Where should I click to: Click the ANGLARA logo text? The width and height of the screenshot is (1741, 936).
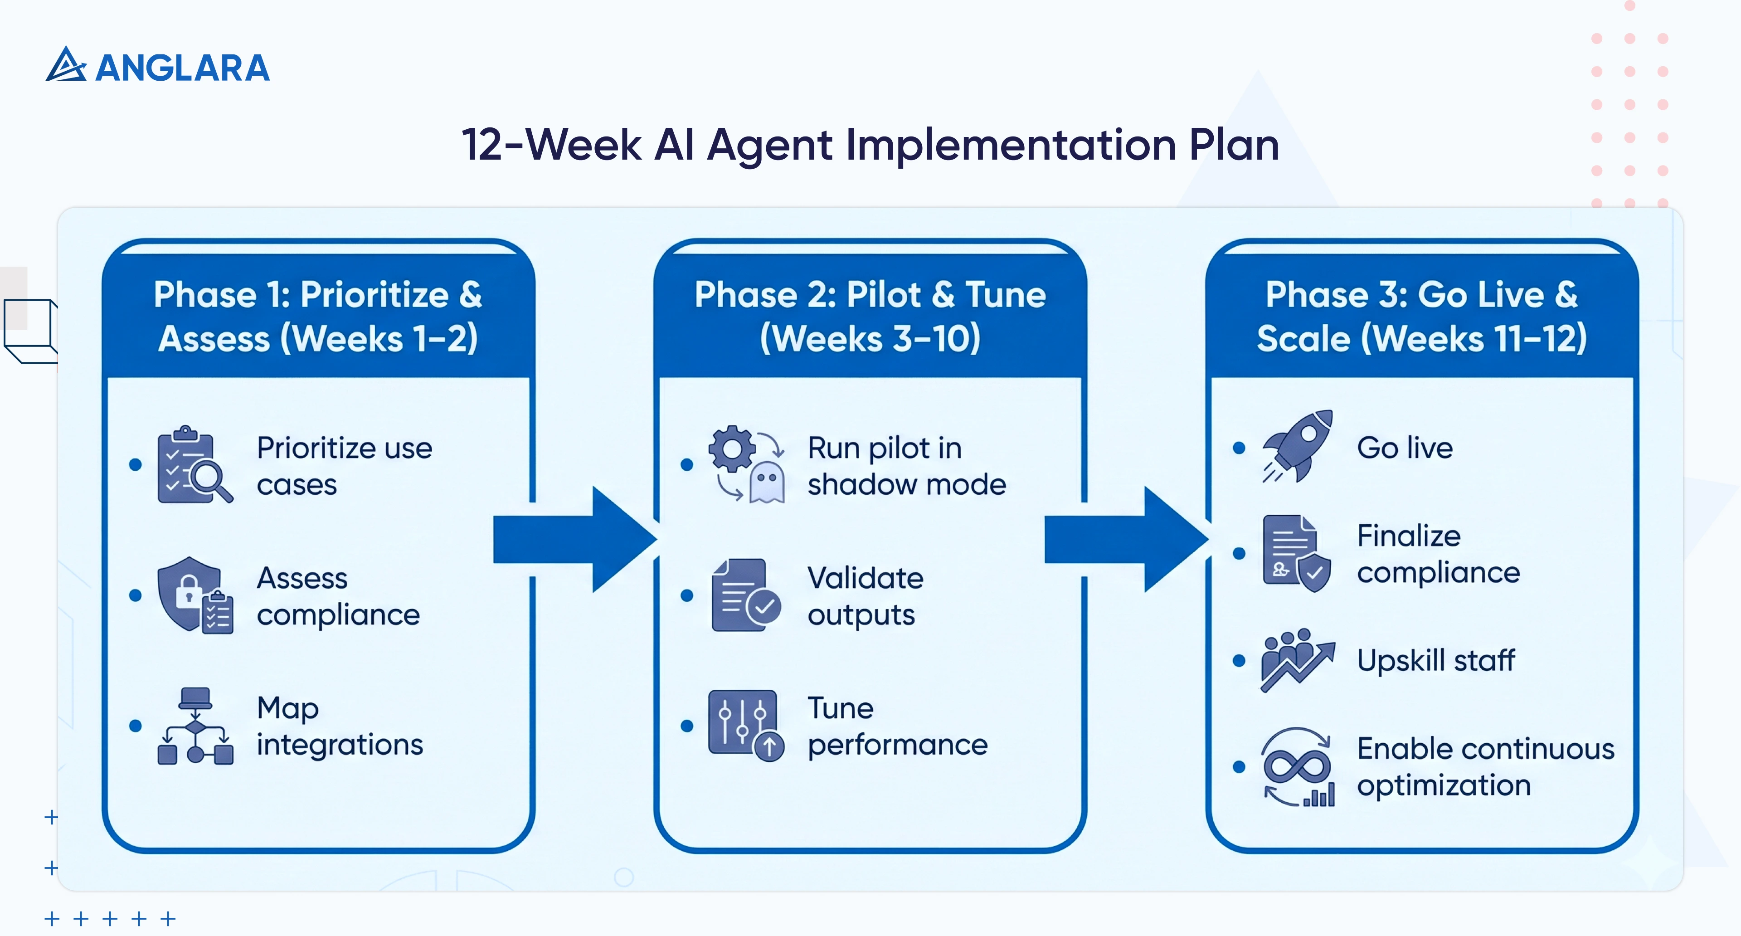pos(182,68)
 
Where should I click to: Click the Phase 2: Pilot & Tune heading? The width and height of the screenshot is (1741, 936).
pos(870,295)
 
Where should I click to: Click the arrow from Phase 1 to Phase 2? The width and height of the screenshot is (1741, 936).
pos(574,539)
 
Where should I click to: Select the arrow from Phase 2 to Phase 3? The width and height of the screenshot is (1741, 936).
pos(1126,539)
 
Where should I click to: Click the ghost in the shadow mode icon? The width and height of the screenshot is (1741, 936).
pos(767,483)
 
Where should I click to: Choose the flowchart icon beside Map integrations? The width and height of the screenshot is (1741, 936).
pos(195,726)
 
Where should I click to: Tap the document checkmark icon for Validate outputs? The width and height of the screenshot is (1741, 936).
pos(745,595)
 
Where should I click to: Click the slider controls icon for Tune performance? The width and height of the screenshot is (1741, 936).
pos(745,725)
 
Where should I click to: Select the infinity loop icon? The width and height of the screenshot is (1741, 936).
pos(1297,767)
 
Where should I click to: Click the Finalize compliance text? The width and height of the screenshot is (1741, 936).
pos(1438,554)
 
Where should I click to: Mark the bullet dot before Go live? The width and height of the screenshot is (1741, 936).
pos(1239,448)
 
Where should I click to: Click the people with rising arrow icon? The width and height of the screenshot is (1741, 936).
pos(1297,660)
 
